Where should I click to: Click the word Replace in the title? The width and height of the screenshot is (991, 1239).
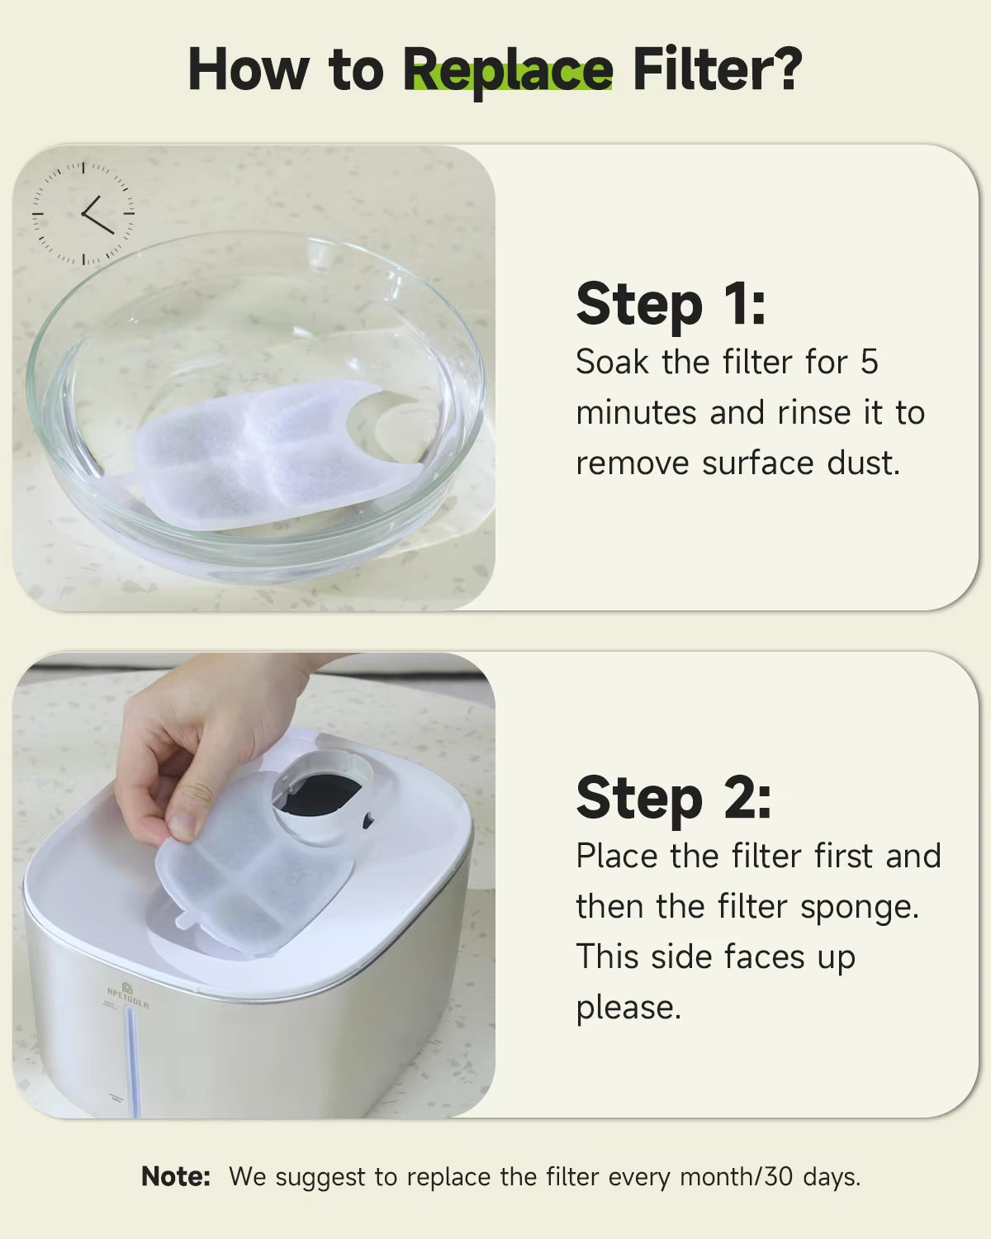pyautogui.click(x=508, y=71)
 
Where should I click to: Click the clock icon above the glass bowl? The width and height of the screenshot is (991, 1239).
pyautogui.click(x=83, y=213)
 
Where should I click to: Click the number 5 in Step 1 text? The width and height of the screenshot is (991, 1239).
pyautogui.click(x=869, y=363)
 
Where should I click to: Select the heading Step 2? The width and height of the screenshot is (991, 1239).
pyautogui.click(x=673, y=798)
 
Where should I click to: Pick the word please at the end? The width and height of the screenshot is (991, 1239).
pyautogui.click(x=628, y=1008)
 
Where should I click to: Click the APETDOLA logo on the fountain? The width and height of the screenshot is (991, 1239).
pyautogui.click(x=128, y=995)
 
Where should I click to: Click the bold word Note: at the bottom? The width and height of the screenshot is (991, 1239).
pyautogui.click(x=176, y=1176)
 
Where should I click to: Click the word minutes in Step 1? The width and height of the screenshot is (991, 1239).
pyautogui.click(x=636, y=413)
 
